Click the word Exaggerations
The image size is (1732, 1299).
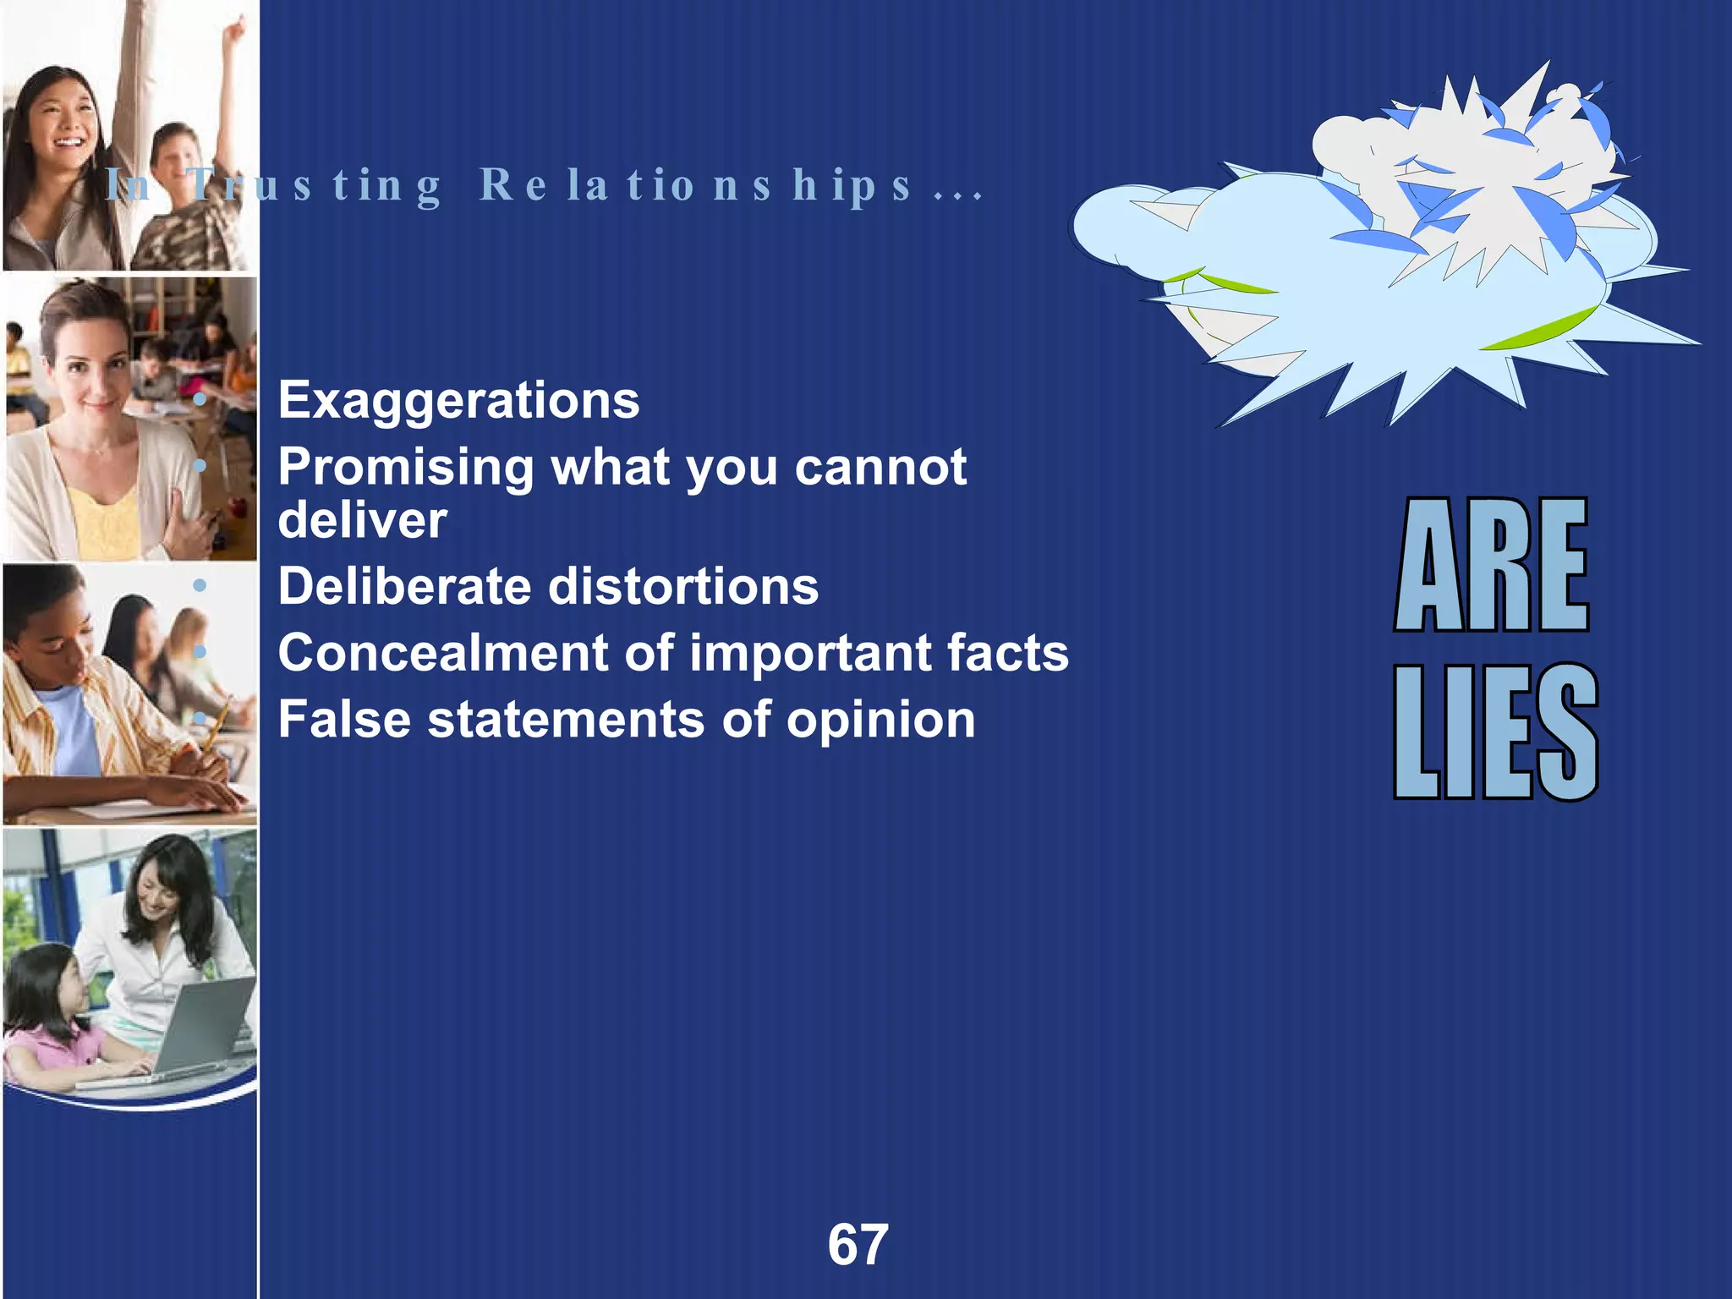point(458,401)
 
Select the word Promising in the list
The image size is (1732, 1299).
point(406,468)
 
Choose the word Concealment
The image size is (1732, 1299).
point(443,653)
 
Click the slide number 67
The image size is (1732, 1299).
point(858,1245)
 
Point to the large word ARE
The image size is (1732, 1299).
point(1492,565)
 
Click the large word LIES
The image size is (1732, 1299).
point(1495,732)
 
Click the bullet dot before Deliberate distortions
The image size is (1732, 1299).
point(200,585)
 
